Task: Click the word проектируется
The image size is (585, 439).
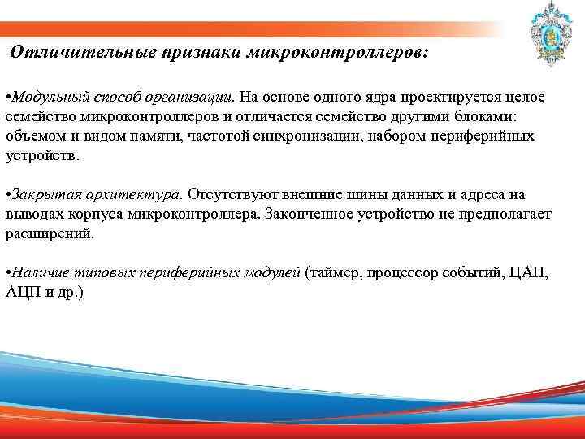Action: tap(448, 98)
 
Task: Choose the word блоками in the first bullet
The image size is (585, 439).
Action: tap(497, 117)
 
